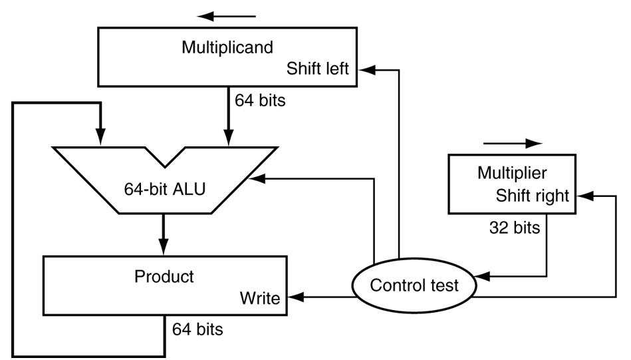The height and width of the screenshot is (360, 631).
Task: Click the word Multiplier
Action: [x=512, y=173]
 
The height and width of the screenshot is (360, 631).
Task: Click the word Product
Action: [x=164, y=276]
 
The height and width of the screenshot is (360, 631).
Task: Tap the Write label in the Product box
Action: [x=260, y=297]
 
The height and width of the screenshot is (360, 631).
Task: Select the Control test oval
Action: [x=414, y=285]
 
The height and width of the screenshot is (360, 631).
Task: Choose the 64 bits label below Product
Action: [x=197, y=329]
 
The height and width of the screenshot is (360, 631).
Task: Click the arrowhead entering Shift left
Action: [x=364, y=69]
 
